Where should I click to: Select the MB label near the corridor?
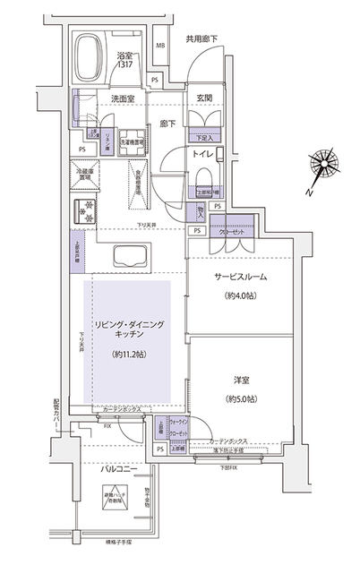[x=160, y=46]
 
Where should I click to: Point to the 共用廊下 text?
[x=201, y=39]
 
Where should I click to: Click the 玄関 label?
[x=205, y=98]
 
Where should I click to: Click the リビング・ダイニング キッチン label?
[x=131, y=328]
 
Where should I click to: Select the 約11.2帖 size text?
[x=130, y=355]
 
